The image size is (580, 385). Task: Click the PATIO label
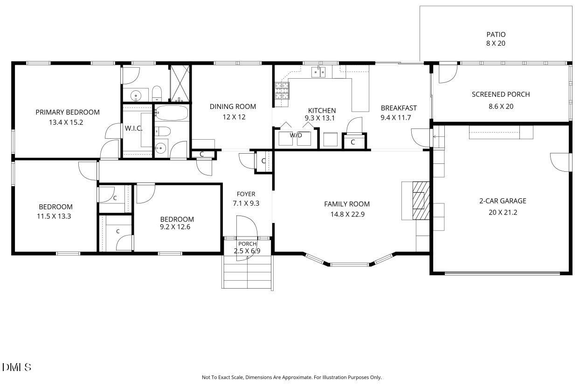click(496, 34)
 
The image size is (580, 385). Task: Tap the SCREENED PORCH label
click(501, 95)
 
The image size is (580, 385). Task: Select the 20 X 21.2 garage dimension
click(503, 212)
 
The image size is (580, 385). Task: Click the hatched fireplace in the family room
click(421, 201)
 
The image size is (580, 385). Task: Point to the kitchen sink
click(318, 72)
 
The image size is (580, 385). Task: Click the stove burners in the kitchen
click(282, 91)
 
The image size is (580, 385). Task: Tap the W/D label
click(296, 135)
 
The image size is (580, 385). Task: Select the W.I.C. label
click(134, 128)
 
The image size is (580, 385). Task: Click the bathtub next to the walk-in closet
click(172, 113)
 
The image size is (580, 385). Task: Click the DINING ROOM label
click(233, 107)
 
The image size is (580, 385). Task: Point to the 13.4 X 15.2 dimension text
click(66, 122)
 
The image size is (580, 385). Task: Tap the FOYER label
click(246, 194)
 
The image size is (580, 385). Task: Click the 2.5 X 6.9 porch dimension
click(247, 251)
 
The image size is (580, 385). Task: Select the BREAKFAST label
click(399, 108)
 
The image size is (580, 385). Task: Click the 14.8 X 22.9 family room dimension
click(347, 214)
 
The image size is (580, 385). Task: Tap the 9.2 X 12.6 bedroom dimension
click(175, 227)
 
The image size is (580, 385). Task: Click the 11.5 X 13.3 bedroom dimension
click(54, 216)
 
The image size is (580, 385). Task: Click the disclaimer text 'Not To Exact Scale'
click(223, 377)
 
